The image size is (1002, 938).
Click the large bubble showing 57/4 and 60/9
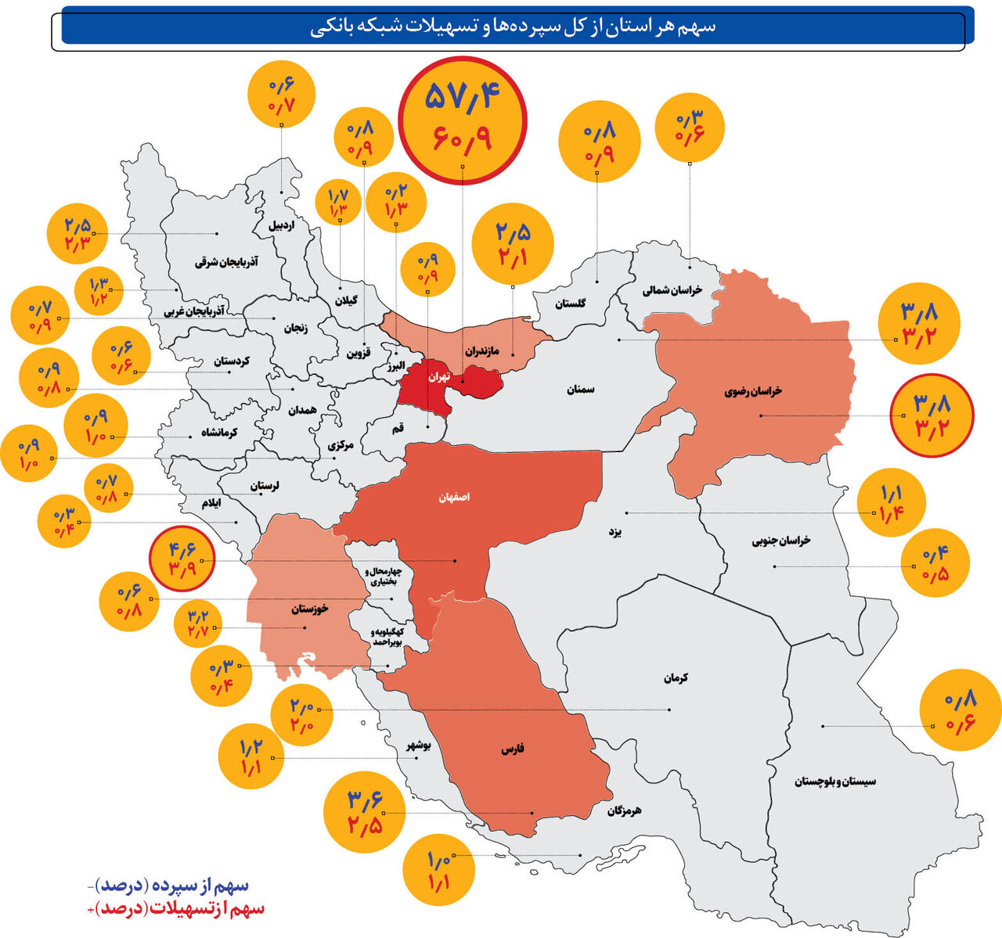(x=463, y=120)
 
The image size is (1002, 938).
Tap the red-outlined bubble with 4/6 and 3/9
(x=182, y=555)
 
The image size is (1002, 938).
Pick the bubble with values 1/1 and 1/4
(x=892, y=502)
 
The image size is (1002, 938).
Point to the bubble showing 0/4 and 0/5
(x=935, y=565)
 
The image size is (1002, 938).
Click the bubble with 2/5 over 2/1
(x=513, y=243)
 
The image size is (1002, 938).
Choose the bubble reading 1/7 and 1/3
(x=338, y=203)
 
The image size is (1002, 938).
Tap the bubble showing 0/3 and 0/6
(x=690, y=126)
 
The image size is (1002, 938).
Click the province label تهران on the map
(x=438, y=376)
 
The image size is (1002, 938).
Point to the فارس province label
(x=513, y=749)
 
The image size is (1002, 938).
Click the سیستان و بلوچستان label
(x=835, y=781)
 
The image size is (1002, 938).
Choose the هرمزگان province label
(x=624, y=811)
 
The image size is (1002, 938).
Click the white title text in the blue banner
(x=513, y=27)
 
